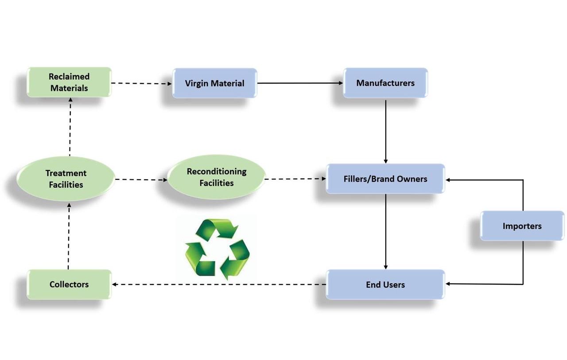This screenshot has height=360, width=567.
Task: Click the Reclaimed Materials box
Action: coord(69,82)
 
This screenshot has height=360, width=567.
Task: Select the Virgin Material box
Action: coord(215,83)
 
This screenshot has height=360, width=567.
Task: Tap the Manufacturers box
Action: coord(385,83)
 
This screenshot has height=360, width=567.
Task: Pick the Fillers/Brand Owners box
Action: coord(385,179)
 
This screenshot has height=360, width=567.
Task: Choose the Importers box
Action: coord(522,226)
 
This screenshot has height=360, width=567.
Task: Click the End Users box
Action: coord(385,284)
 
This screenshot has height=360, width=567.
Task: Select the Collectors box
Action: coord(69,284)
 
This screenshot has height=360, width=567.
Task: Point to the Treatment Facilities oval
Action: coord(66,179)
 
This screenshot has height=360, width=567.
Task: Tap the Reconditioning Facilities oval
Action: coord(217,177)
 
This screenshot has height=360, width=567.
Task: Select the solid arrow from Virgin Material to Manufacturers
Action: coord(300,83)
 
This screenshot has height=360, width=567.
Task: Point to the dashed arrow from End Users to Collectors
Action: coord(219,284)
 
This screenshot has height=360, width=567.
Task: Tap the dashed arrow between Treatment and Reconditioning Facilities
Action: coord(141,180)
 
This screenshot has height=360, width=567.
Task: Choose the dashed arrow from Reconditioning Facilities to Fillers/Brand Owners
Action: coord(295,179)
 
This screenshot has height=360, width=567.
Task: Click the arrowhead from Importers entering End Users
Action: coord(449,284)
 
